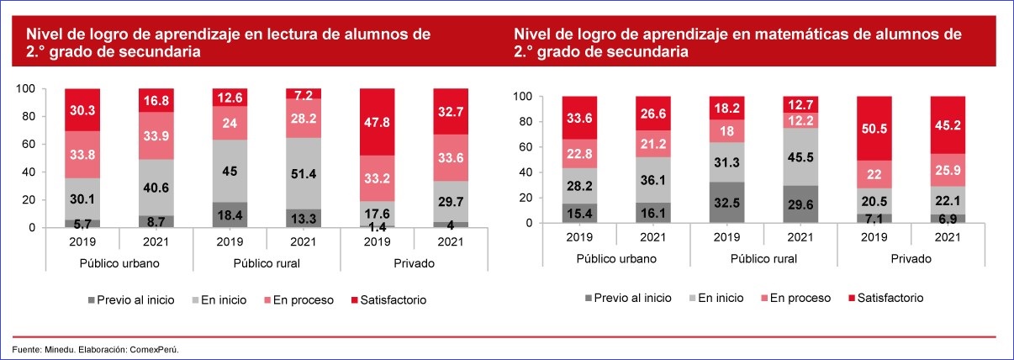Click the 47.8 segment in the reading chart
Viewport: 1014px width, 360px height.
(376, 121)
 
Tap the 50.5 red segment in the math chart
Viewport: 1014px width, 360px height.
(874, 128)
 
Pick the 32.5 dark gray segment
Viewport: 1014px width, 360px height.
(726, 203)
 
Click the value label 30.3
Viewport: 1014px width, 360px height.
(82, 110)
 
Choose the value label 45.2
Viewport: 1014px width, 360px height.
(948, 125)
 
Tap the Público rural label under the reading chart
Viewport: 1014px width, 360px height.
(266, 263)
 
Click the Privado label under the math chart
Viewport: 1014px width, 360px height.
(911, 258)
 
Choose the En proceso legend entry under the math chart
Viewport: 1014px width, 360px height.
(795, 298)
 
